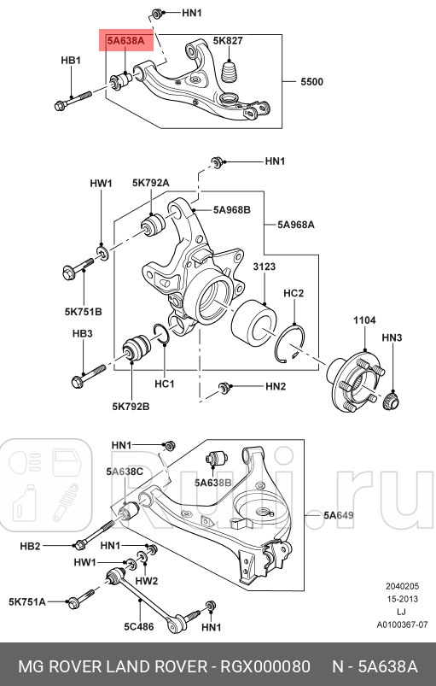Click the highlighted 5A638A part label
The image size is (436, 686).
125,41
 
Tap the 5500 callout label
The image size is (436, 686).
312,82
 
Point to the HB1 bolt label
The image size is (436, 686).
71,61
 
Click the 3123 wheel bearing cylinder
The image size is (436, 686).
253,321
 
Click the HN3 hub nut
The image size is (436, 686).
392,401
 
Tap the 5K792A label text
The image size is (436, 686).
151,183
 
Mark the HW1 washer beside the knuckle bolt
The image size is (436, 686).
103,252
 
